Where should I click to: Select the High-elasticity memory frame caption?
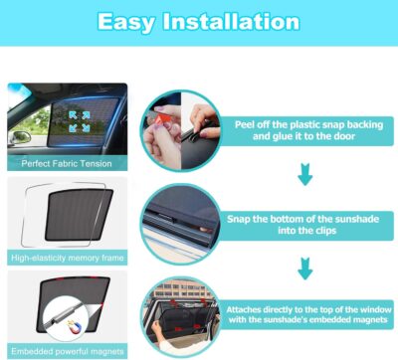point(67,259)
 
